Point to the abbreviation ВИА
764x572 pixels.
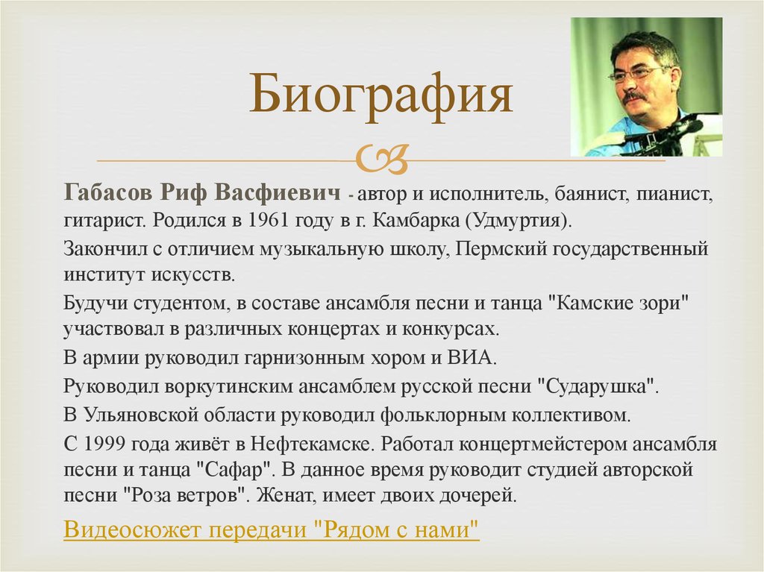(474, 356)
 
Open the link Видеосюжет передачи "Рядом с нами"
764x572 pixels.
(272, 530)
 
